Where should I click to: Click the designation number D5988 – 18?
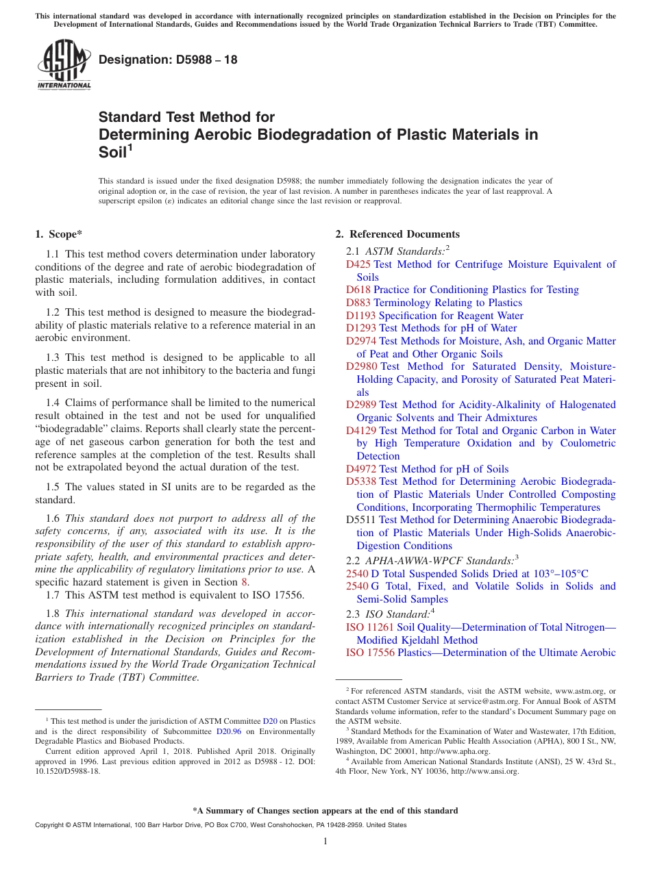[x=168, y=60]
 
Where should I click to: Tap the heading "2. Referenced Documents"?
[x=397, y=234]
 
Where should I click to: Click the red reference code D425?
[x=358, y=264]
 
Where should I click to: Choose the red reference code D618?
[x=358, y=290]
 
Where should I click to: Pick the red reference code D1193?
[x=361, y=316]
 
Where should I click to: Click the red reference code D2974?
[x=361, y=341]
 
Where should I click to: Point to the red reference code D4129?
[x=361, y=431]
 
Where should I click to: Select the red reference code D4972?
[x=361, y=469]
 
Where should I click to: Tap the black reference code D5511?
[x=361, y=520]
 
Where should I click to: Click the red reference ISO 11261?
[x=370, y=627]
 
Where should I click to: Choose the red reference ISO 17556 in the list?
[x=370, y=653]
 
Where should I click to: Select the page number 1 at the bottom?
[x=325, y=841]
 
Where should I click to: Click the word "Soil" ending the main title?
[x=113, y=152]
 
